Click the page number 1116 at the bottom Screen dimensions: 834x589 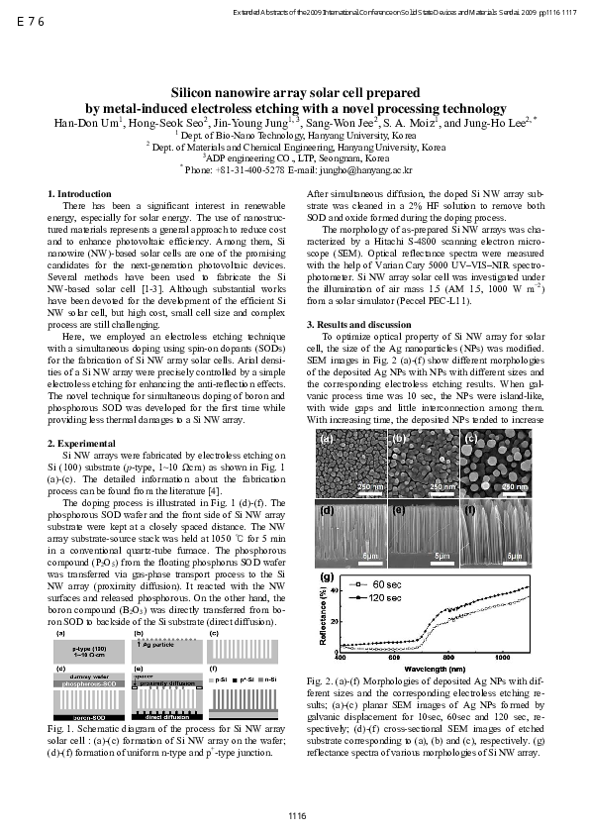coord(294,815)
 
